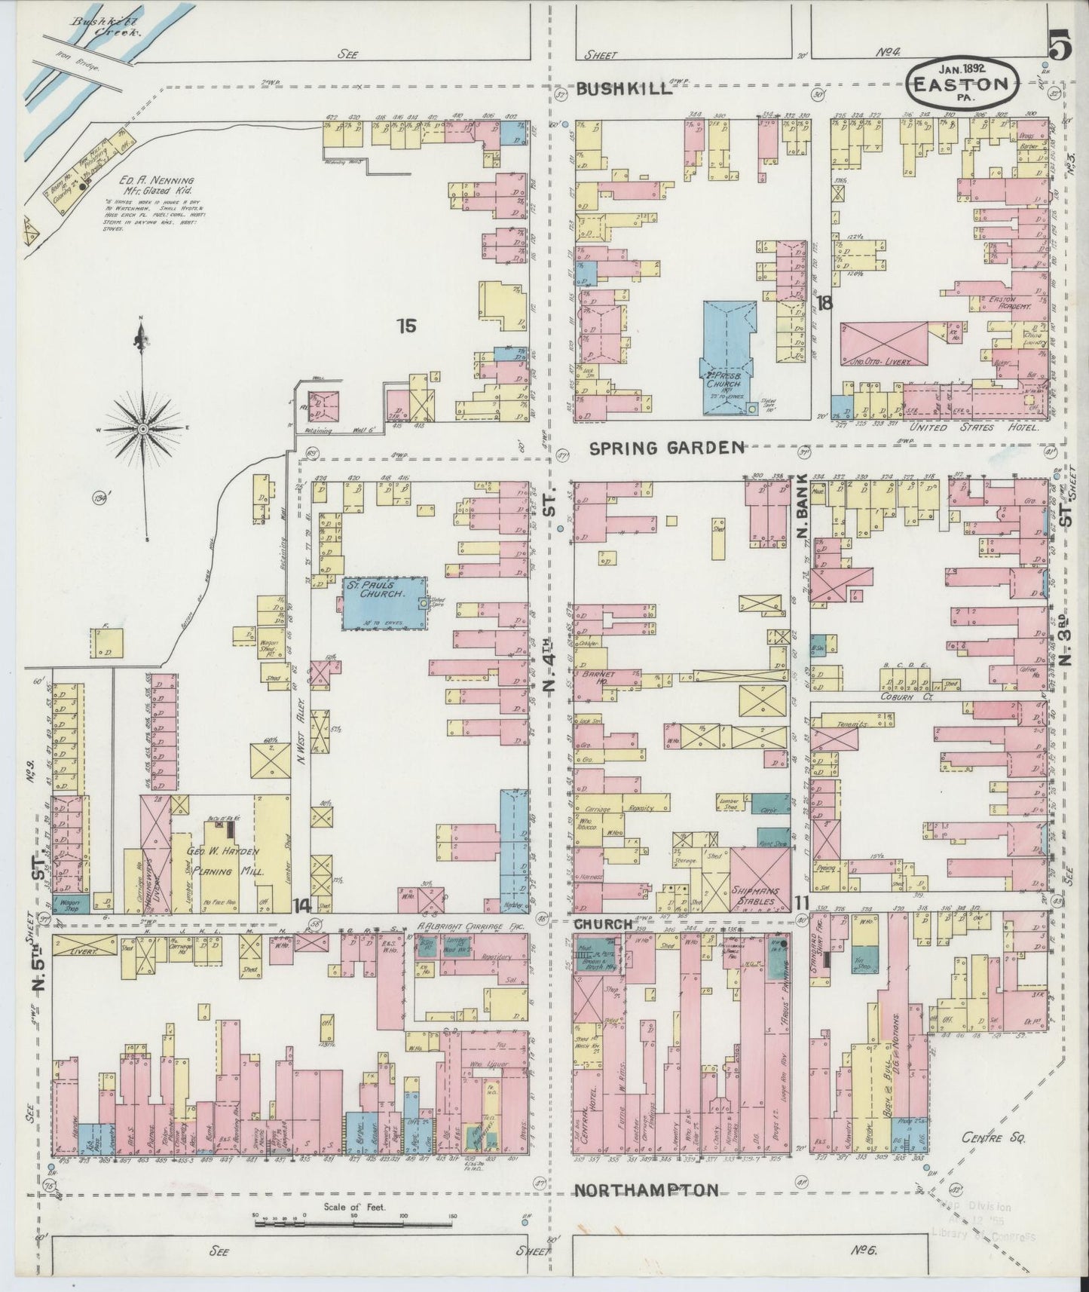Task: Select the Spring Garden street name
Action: (666, 448)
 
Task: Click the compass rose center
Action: (142, 428)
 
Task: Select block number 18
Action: (824, 304)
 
